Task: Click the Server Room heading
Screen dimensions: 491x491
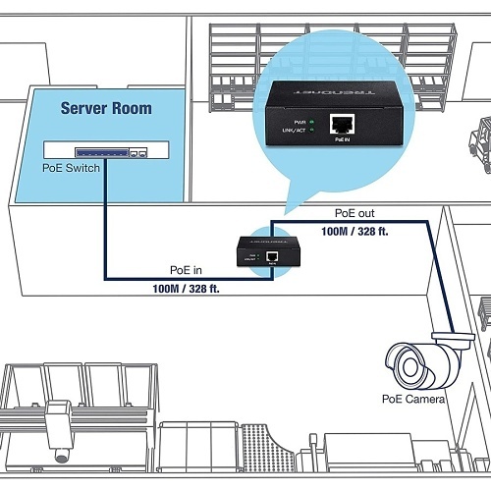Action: [x=106, y=108]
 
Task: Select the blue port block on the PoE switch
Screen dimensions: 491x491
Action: [x=107, y=150]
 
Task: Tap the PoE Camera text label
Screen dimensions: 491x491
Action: [x=413, y=400]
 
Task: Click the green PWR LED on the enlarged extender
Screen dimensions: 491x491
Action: [x=311, y=118]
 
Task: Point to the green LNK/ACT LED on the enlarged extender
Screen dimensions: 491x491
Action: [x=311, y=128]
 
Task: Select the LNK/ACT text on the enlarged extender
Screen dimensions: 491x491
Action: [x=292, y=128]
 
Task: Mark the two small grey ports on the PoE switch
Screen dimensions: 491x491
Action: [x=142, y=152]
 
